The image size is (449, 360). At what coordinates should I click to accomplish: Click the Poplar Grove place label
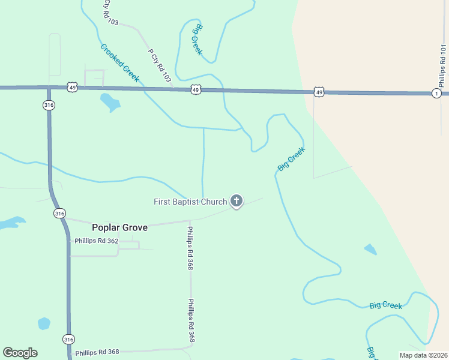point(119,227)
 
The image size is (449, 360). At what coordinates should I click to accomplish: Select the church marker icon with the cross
point(237,202)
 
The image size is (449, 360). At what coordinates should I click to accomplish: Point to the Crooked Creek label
point(119,63)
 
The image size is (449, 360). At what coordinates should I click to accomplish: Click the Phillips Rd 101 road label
point(443,65)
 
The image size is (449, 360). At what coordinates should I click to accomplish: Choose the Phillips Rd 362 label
point(97,241)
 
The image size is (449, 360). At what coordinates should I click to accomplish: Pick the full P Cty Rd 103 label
point(159,64)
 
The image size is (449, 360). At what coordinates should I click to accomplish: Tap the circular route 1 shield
point(436,93)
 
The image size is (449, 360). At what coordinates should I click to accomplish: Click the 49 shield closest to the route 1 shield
point(319,92)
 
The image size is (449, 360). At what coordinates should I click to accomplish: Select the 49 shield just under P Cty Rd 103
point(196,89)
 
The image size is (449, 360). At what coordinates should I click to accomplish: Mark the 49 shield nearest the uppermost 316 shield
point(72,88)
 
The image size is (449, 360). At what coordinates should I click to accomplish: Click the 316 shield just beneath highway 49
point(49,105)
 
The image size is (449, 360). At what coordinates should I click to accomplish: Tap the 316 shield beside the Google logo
point(68,339)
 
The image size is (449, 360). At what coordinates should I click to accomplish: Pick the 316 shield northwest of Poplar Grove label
point(59,213)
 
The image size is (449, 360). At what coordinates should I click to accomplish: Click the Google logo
point(20,353)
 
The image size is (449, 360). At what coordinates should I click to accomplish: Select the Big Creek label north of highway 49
point(197,40)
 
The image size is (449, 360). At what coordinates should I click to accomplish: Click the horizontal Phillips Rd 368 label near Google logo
point(97,352)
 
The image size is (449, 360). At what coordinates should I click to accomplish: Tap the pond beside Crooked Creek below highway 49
point(110,102)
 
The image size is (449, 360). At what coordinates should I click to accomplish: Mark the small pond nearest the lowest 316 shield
point(44,323)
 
